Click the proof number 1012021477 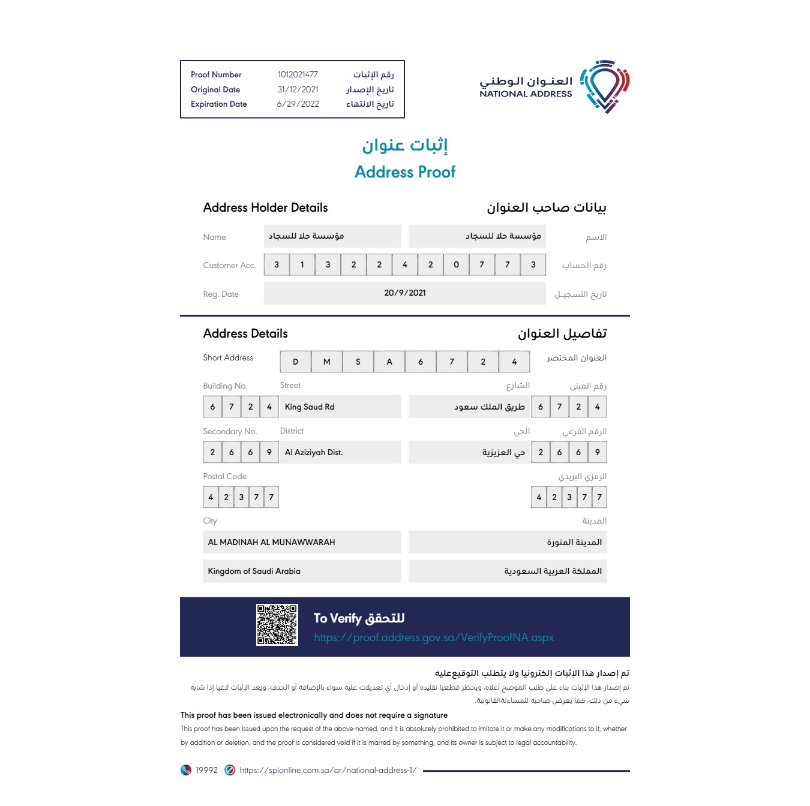click(x=298, y=75)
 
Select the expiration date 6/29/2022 click(x=298, y=104)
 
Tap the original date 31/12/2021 click(x=298, y=90)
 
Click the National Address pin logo click(x=606, y=86)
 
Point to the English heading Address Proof click(x=405, y=172)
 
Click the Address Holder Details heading click(x=265, y=208)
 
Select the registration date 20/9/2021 click(x=405, y=293)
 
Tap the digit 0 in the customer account click(x=456, y=264)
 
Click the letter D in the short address click(x=295, y=362)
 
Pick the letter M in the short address click(x=326, y=362)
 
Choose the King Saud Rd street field click(x=340, y=407)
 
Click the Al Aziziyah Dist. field click(x=340, y=452)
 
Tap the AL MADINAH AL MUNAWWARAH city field click(x=302, y=542)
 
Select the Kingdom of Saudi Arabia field click(x=302, y=571)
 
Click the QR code click(x=277, y=625)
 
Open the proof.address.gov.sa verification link click(x=434, y=637)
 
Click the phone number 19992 click(x=206, y=771)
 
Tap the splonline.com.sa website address click(x=328, y=771)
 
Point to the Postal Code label click(x=225, y=477)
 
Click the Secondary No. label click(x=230, y=432)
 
